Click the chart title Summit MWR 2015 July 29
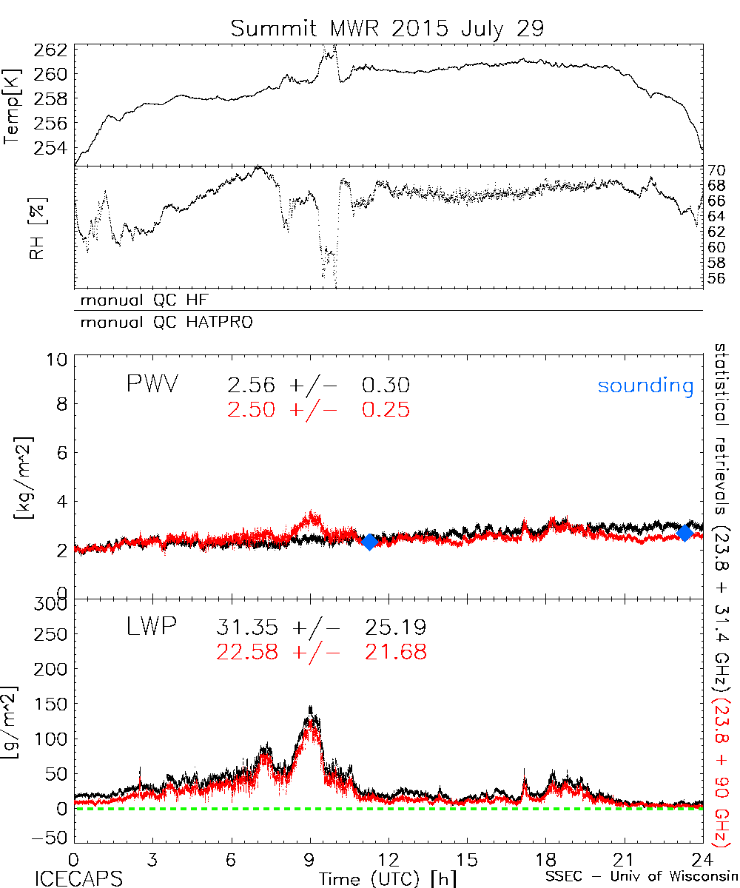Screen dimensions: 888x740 (x=387, y=29)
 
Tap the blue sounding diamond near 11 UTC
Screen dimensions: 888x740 (x=369, y=542)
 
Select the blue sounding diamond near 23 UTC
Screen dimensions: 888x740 (x=684, y=532)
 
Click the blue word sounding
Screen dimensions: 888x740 (x=645, y=386)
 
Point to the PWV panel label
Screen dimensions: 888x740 (x=152, y=385)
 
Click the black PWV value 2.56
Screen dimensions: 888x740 (x=252, y=386)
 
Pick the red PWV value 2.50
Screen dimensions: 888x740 (x=252, y=409)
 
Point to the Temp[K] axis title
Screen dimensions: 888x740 (x=13, y=107)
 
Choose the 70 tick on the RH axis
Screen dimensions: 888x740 (x=716, y=169)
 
